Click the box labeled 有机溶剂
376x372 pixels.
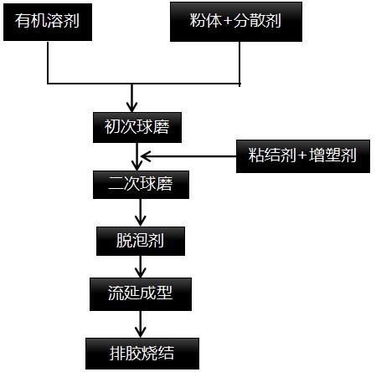(x=49, y=22)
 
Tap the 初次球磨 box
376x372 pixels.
(x=136, y=128)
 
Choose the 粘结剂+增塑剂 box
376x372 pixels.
(x=303, y=155)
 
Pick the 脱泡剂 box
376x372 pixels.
(x=140, y=242)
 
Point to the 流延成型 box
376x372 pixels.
(x=140, y=293)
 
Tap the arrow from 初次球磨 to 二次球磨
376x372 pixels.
(x=136, y=156)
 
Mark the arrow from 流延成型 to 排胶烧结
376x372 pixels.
(x=140, y=321)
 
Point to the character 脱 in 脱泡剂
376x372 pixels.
(x=124, y=242)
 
